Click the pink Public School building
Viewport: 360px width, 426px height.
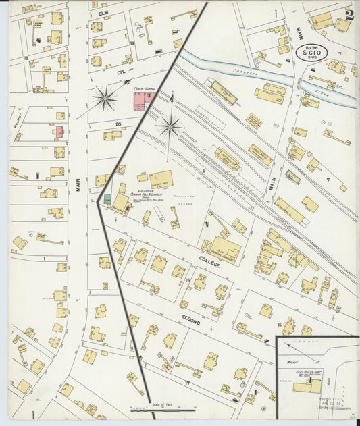point(142,102)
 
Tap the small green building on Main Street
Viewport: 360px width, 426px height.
point(107,198)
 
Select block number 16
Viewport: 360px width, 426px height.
point(278,324)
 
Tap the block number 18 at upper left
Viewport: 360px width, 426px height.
point(26,59)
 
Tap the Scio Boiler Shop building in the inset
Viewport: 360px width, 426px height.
point(307,387)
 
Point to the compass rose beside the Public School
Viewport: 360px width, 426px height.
point(105,99)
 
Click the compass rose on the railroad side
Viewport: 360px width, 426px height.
point(170,126)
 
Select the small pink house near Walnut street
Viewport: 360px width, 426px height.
point(58,132)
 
